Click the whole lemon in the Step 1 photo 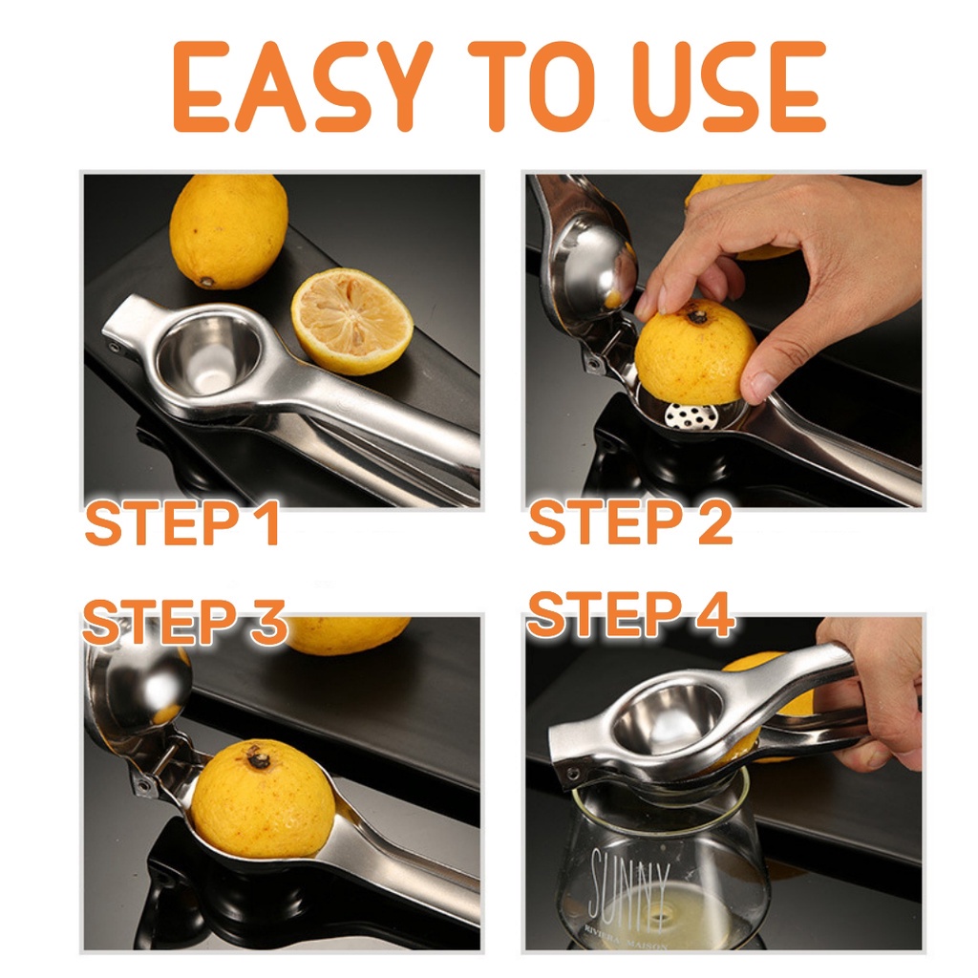point(229,231)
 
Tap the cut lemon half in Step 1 point(352,321)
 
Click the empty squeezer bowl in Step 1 point(209,352)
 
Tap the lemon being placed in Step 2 point(694,352)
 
